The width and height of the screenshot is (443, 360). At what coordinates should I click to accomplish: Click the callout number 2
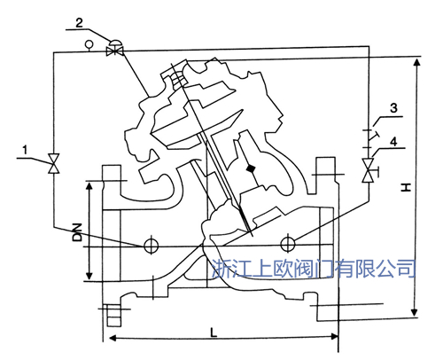click(x=105, y=20)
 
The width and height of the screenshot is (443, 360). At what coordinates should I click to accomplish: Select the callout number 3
click(x=394, y=109)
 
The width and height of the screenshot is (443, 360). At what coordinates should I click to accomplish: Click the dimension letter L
click(x=215, y=330)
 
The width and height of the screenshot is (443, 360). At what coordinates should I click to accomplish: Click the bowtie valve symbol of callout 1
click(x=53, y=164)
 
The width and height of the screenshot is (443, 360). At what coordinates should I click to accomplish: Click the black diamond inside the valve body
click(x=252, y=168)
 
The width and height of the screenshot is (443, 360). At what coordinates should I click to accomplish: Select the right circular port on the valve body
click(x=285, y=244)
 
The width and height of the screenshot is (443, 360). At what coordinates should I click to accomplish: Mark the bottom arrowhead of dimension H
click(x=416, y=314)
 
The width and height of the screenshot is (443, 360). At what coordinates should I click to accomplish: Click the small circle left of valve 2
click(x=89, y=43)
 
